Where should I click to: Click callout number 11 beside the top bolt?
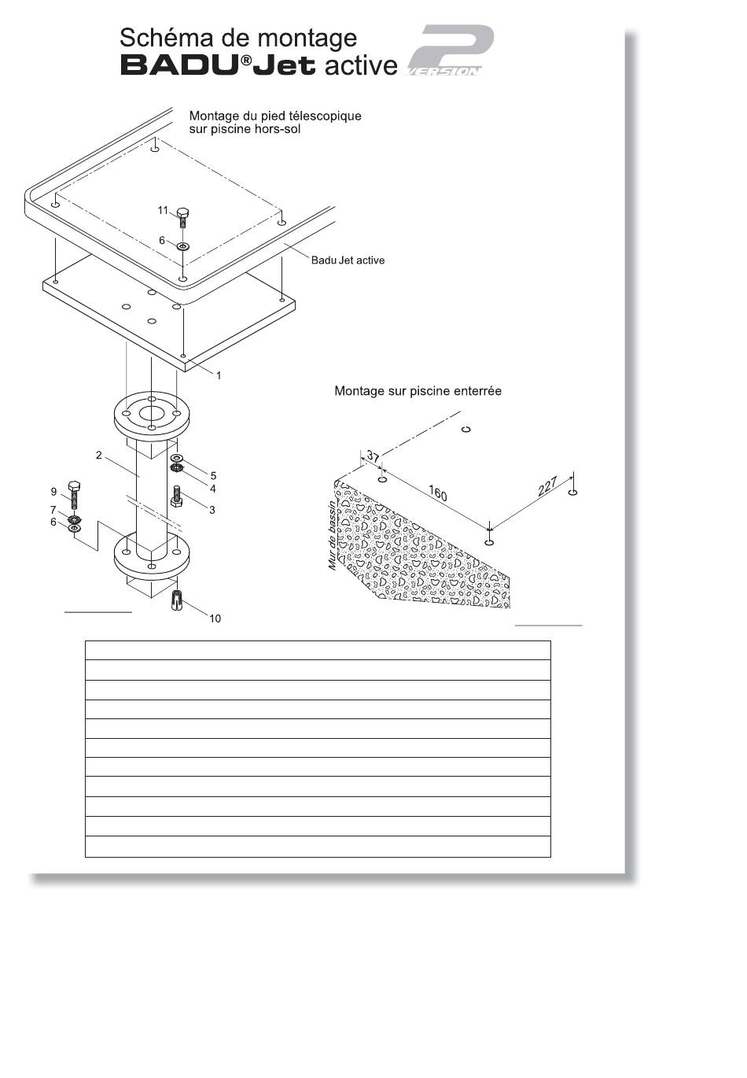(163, 210)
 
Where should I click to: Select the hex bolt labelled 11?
(182, 218)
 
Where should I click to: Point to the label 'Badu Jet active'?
(348, 260)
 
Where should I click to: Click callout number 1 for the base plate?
(219, 375)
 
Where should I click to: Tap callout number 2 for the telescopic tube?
(98, 455)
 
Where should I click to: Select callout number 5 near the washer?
(213, 476)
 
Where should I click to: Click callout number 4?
(212, 489)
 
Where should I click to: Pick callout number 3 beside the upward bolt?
(212, 510)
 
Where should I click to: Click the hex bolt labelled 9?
(74, 494)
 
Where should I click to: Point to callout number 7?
(53, 510)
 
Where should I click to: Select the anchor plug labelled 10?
(177, 600)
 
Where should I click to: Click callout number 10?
(215, 618)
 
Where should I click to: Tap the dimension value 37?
(373, 456)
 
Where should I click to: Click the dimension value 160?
(437, 493)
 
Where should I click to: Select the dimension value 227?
(547, 486)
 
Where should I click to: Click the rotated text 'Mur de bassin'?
(332, 536)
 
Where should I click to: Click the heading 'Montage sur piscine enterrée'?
(418, 391)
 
